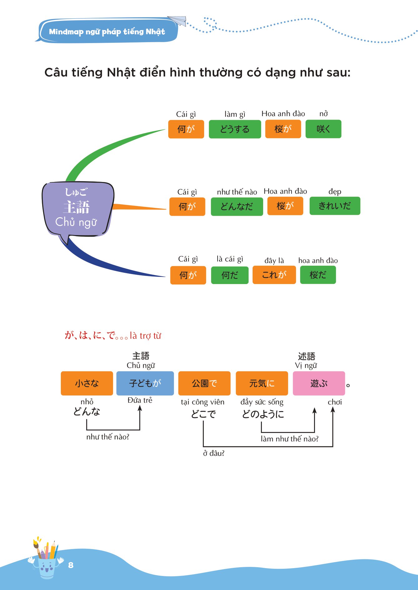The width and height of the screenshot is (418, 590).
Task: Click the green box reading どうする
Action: coord(235,129)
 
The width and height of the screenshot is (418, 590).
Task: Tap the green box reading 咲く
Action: coord(323,129)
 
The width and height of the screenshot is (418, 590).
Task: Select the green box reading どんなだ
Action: coord(237,206)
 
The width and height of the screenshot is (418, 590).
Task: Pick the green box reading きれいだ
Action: coord(335,206)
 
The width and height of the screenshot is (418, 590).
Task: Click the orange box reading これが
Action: coord(274,275)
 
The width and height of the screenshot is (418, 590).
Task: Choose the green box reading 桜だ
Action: coord(318,275)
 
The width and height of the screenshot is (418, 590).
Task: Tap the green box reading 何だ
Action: coord(229,275)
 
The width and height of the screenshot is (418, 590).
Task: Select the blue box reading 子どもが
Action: coord(145,383)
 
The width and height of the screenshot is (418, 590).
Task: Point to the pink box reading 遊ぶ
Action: coord(319,383)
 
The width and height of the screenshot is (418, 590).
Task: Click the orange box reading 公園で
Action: coord(204,383)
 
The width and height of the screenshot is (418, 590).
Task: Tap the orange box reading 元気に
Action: coord(262,383)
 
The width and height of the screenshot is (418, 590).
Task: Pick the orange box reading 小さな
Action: coord(87,383)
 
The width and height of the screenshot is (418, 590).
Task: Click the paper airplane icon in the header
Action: coord(177,21)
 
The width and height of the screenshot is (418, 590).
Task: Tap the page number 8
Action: coord(71,565)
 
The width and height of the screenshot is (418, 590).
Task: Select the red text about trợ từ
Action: coord(113,336)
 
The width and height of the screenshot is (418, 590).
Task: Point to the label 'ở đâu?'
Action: coord(214,453)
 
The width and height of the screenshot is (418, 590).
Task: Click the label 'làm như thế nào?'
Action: coord(289,439)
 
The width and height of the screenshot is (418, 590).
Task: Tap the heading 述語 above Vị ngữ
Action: coord(306,356)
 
